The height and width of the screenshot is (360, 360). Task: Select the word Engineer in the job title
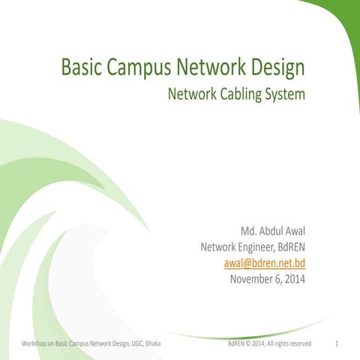pos(244,247)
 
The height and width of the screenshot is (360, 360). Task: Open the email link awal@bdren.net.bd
pos(265,263)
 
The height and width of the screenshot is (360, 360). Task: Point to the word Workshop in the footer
pos(35,344)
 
